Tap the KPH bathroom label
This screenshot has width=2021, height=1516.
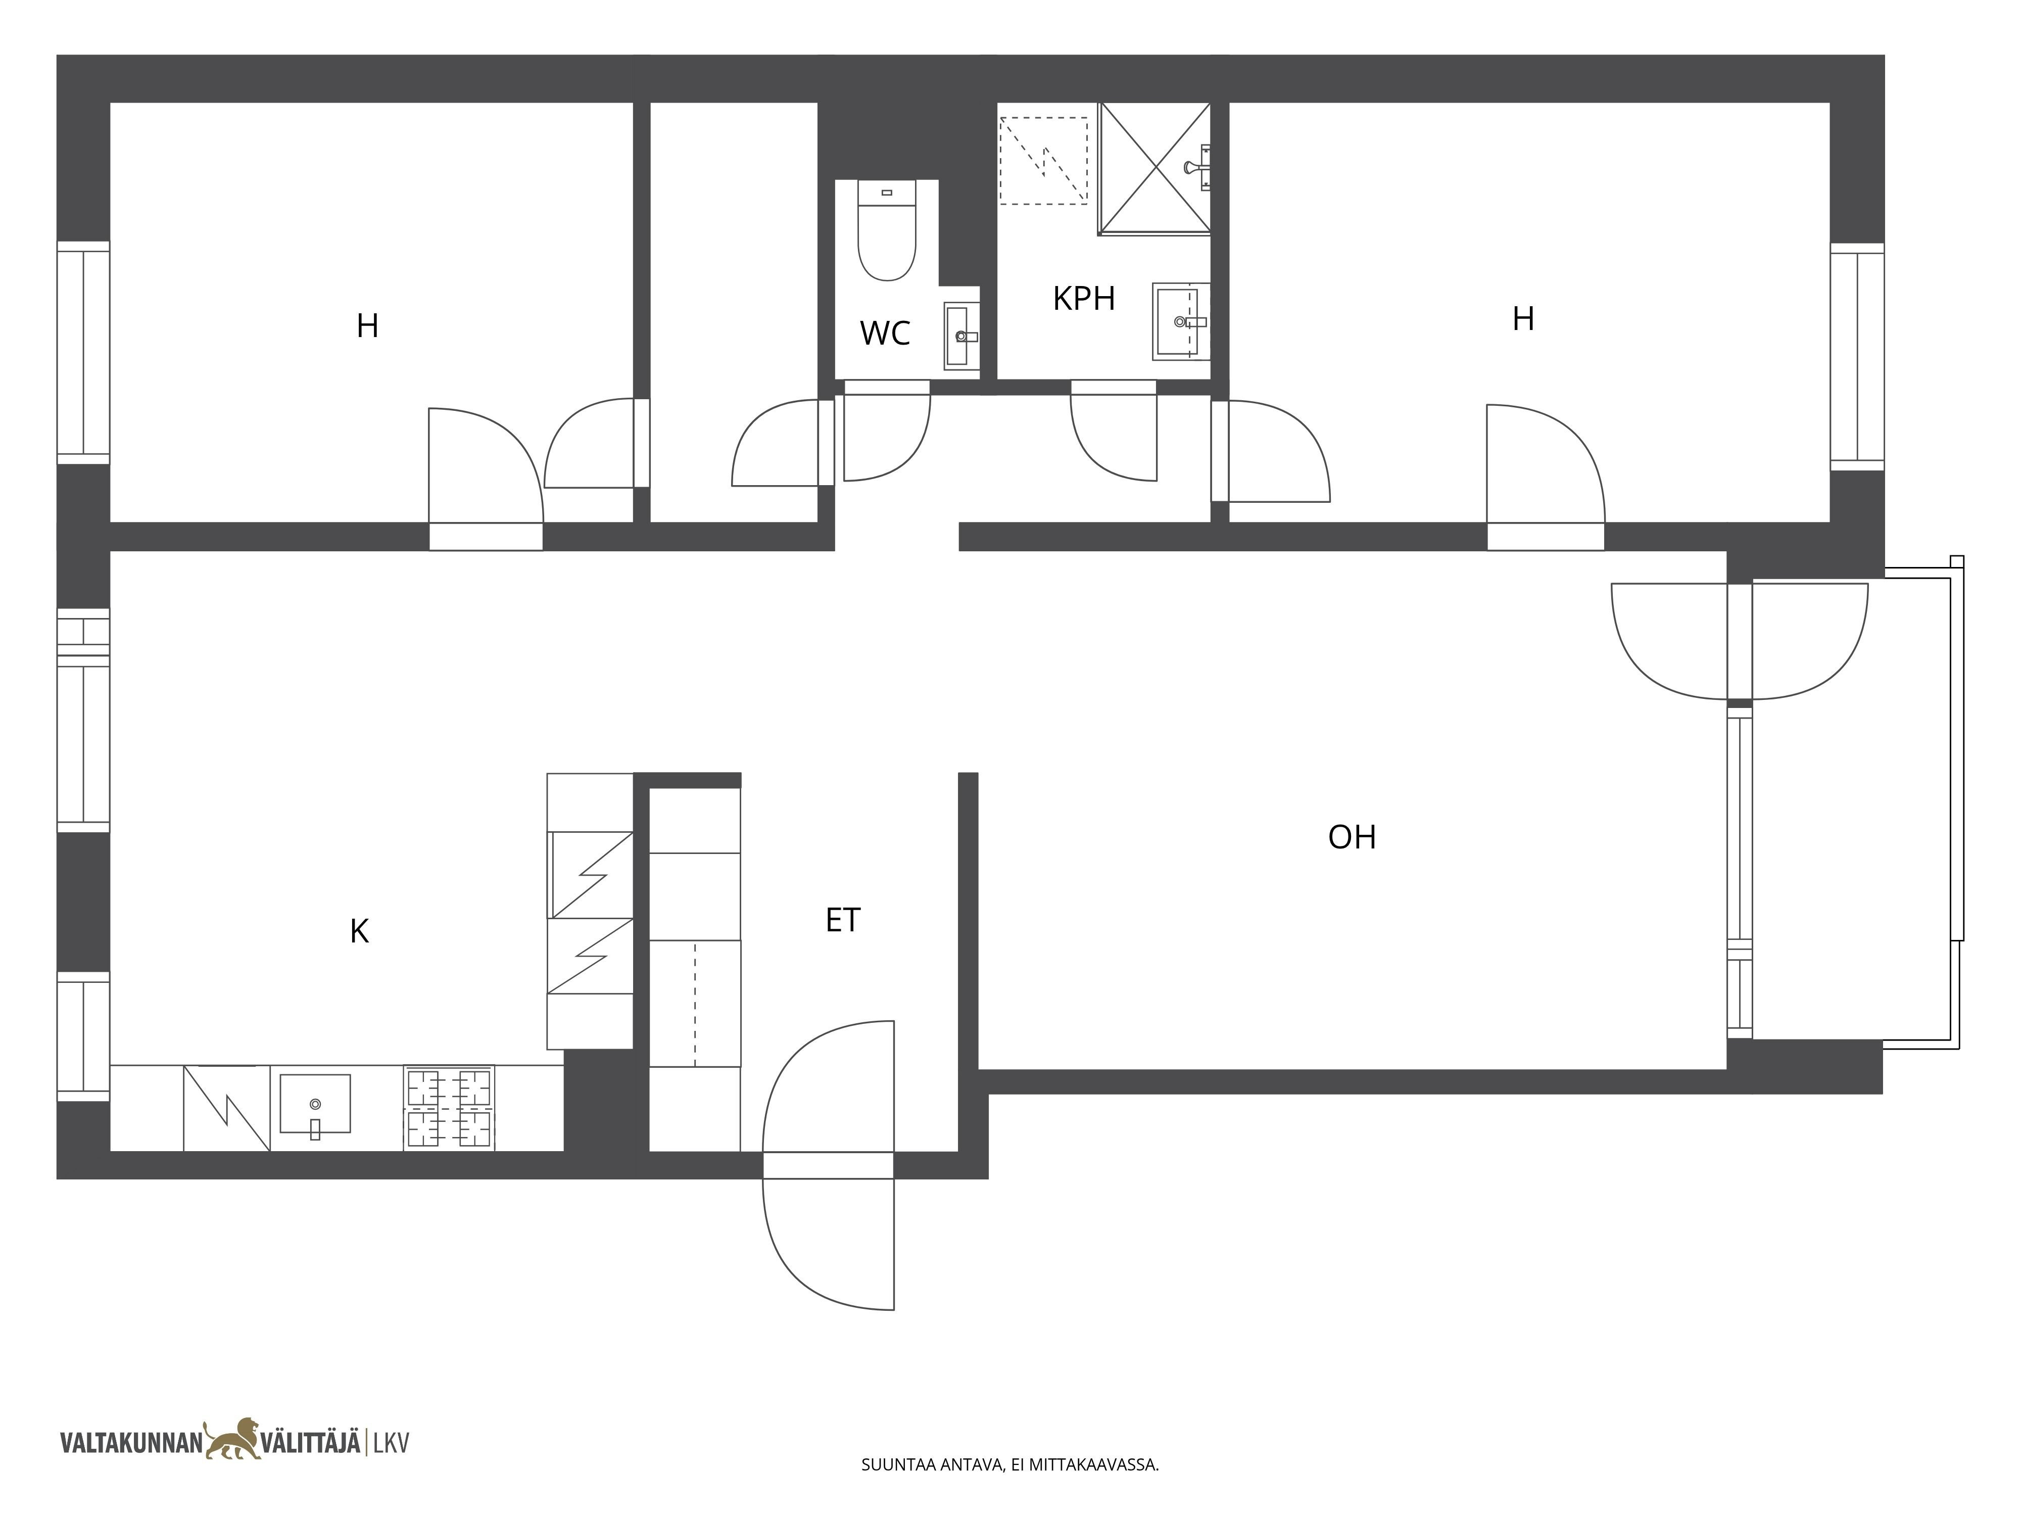pos(1084,299)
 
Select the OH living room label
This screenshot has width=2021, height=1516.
pos(1352,837)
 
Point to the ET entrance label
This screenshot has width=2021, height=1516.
pos(842,920)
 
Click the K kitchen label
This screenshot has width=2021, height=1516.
pos(359,931)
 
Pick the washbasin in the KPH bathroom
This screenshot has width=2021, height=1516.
pos(1180,322)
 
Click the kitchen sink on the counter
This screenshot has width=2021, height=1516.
pos(315,1104)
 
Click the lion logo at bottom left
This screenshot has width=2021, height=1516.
pos(233,1440)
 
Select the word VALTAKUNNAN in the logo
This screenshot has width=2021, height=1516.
pos(131,1444)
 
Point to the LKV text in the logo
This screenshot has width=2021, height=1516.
pos(391,1444)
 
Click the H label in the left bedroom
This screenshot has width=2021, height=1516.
pos(367,325)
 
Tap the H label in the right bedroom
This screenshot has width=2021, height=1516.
pos(1523,319)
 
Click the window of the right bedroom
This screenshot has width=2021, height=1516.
pos(1857,357)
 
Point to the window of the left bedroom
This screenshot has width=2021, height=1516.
pos(83,353)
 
